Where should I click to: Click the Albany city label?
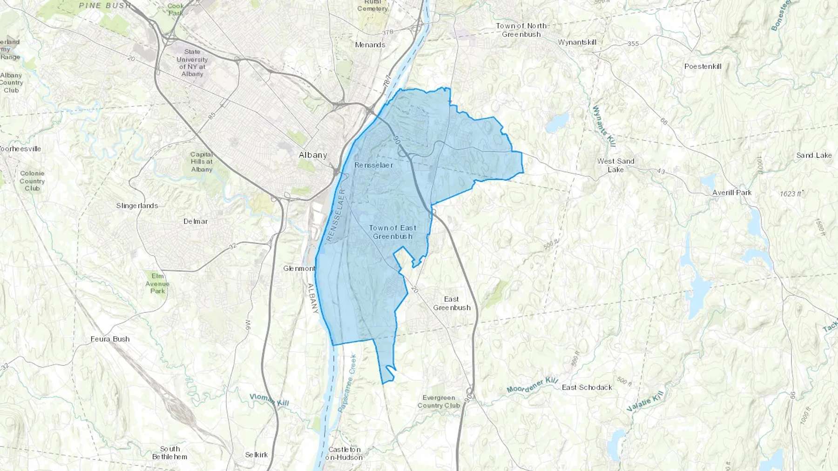(x=313, y=155)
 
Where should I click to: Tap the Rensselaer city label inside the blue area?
(x=373, y=165)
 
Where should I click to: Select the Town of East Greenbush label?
(x=392, y=232)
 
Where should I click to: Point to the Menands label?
(x=370, y=45)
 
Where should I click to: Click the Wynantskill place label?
(x=577, y=42)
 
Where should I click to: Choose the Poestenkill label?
(x=703, y=66)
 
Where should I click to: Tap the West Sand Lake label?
(x=615, y=165)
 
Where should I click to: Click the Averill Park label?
(x=732, y=192)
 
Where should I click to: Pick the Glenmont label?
(x=299, y=268)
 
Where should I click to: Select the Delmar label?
(x=196, y=221)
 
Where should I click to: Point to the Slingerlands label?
(x=137, y=206)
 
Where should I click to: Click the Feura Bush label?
(x=110, y=339)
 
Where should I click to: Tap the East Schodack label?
(x=587, y=387)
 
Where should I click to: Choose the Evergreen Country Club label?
(x=439, y=401)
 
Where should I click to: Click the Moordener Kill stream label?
(x=532, y=385)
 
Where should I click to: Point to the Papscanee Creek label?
(x=347, y=383)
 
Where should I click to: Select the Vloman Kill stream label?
(x=269, y=400)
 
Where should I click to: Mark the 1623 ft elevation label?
(x=791, y=193)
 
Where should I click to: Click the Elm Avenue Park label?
(x=157, y=284)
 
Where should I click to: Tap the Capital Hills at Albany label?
(x=202, y=162)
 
